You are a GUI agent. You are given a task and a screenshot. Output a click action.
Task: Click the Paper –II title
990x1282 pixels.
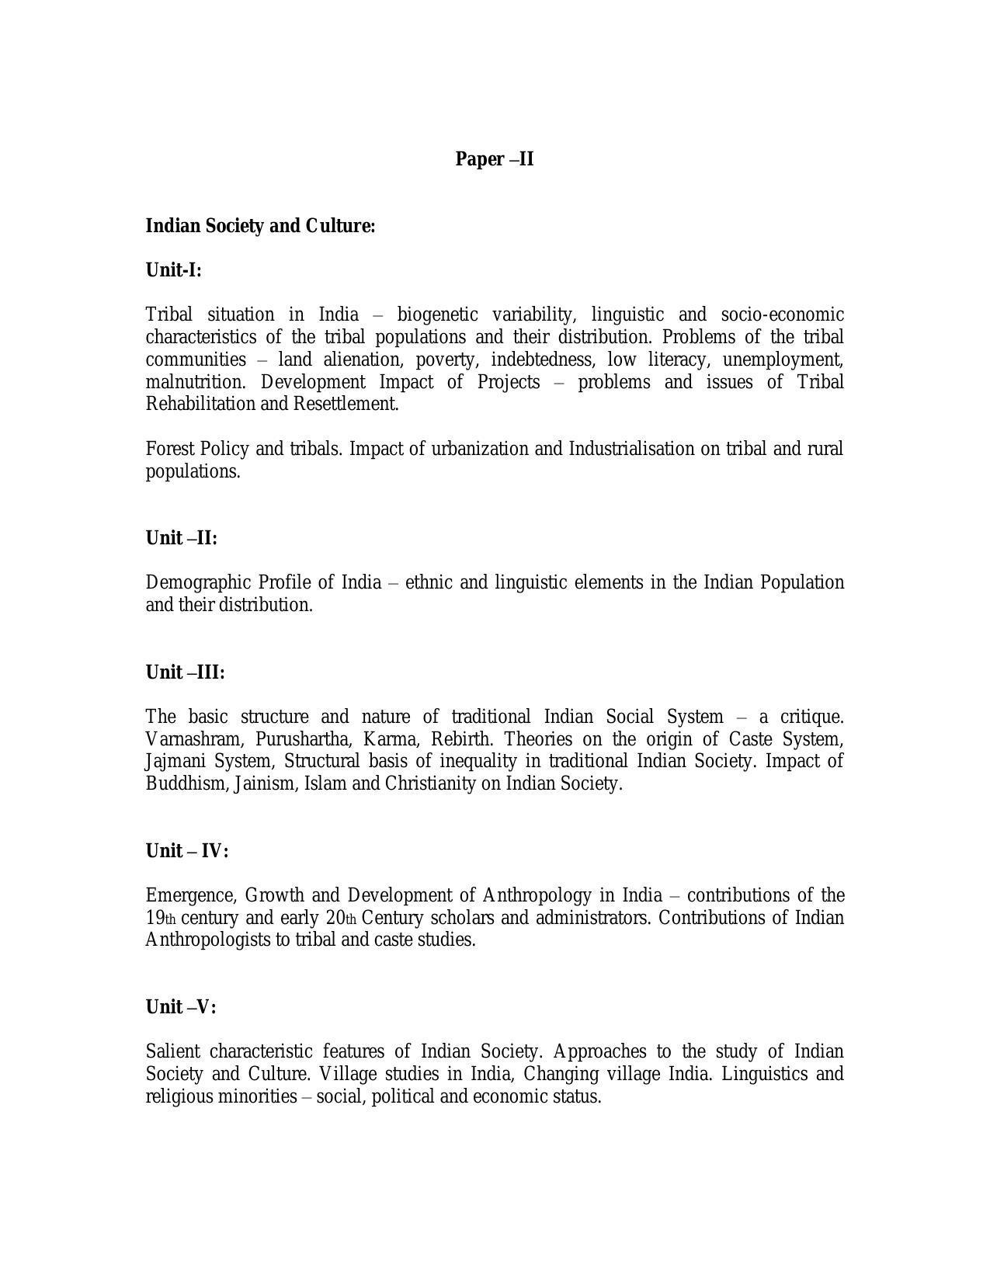click(x=494, y=159)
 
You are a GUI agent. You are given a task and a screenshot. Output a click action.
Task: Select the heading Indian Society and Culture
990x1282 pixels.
click(x=260, y=226)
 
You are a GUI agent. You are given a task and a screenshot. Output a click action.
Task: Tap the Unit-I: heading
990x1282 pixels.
click(x=173, y=270)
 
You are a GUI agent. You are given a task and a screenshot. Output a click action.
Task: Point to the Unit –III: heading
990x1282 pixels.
click(x=185, y=672)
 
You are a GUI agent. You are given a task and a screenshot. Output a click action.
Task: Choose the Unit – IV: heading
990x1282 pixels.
click(x=186, y=851)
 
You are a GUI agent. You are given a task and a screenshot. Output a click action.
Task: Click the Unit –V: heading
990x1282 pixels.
click(x=181, y=1007)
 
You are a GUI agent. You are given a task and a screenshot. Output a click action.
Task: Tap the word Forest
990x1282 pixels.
click(x=170, y=449)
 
